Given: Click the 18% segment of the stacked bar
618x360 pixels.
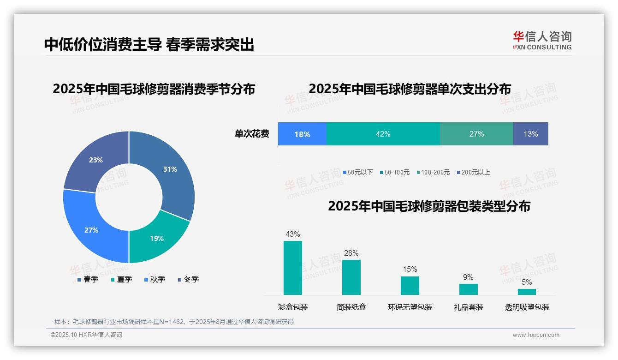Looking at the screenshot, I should (302, 134).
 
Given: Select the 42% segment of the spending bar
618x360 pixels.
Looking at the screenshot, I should (383, 134).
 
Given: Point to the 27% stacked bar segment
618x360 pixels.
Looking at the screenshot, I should (476, 134).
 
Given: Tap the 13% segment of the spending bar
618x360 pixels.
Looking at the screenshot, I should (530, 134).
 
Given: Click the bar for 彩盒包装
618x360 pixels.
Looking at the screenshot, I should (293, 268).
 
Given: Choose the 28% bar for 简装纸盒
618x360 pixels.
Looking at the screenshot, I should (351, 277).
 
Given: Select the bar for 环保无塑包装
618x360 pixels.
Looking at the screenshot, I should (410, 285).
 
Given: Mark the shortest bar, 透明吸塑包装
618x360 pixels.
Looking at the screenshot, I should (527, 292).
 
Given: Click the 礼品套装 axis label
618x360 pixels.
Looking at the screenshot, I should (469, 307).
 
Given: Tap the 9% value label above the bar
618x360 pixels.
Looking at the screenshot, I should (468, 277).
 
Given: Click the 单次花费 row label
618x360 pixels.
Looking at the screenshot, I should (252, 134).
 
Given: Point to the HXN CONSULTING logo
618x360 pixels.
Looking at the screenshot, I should (542, 41).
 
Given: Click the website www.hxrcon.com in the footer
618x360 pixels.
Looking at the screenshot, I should (536, 335).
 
